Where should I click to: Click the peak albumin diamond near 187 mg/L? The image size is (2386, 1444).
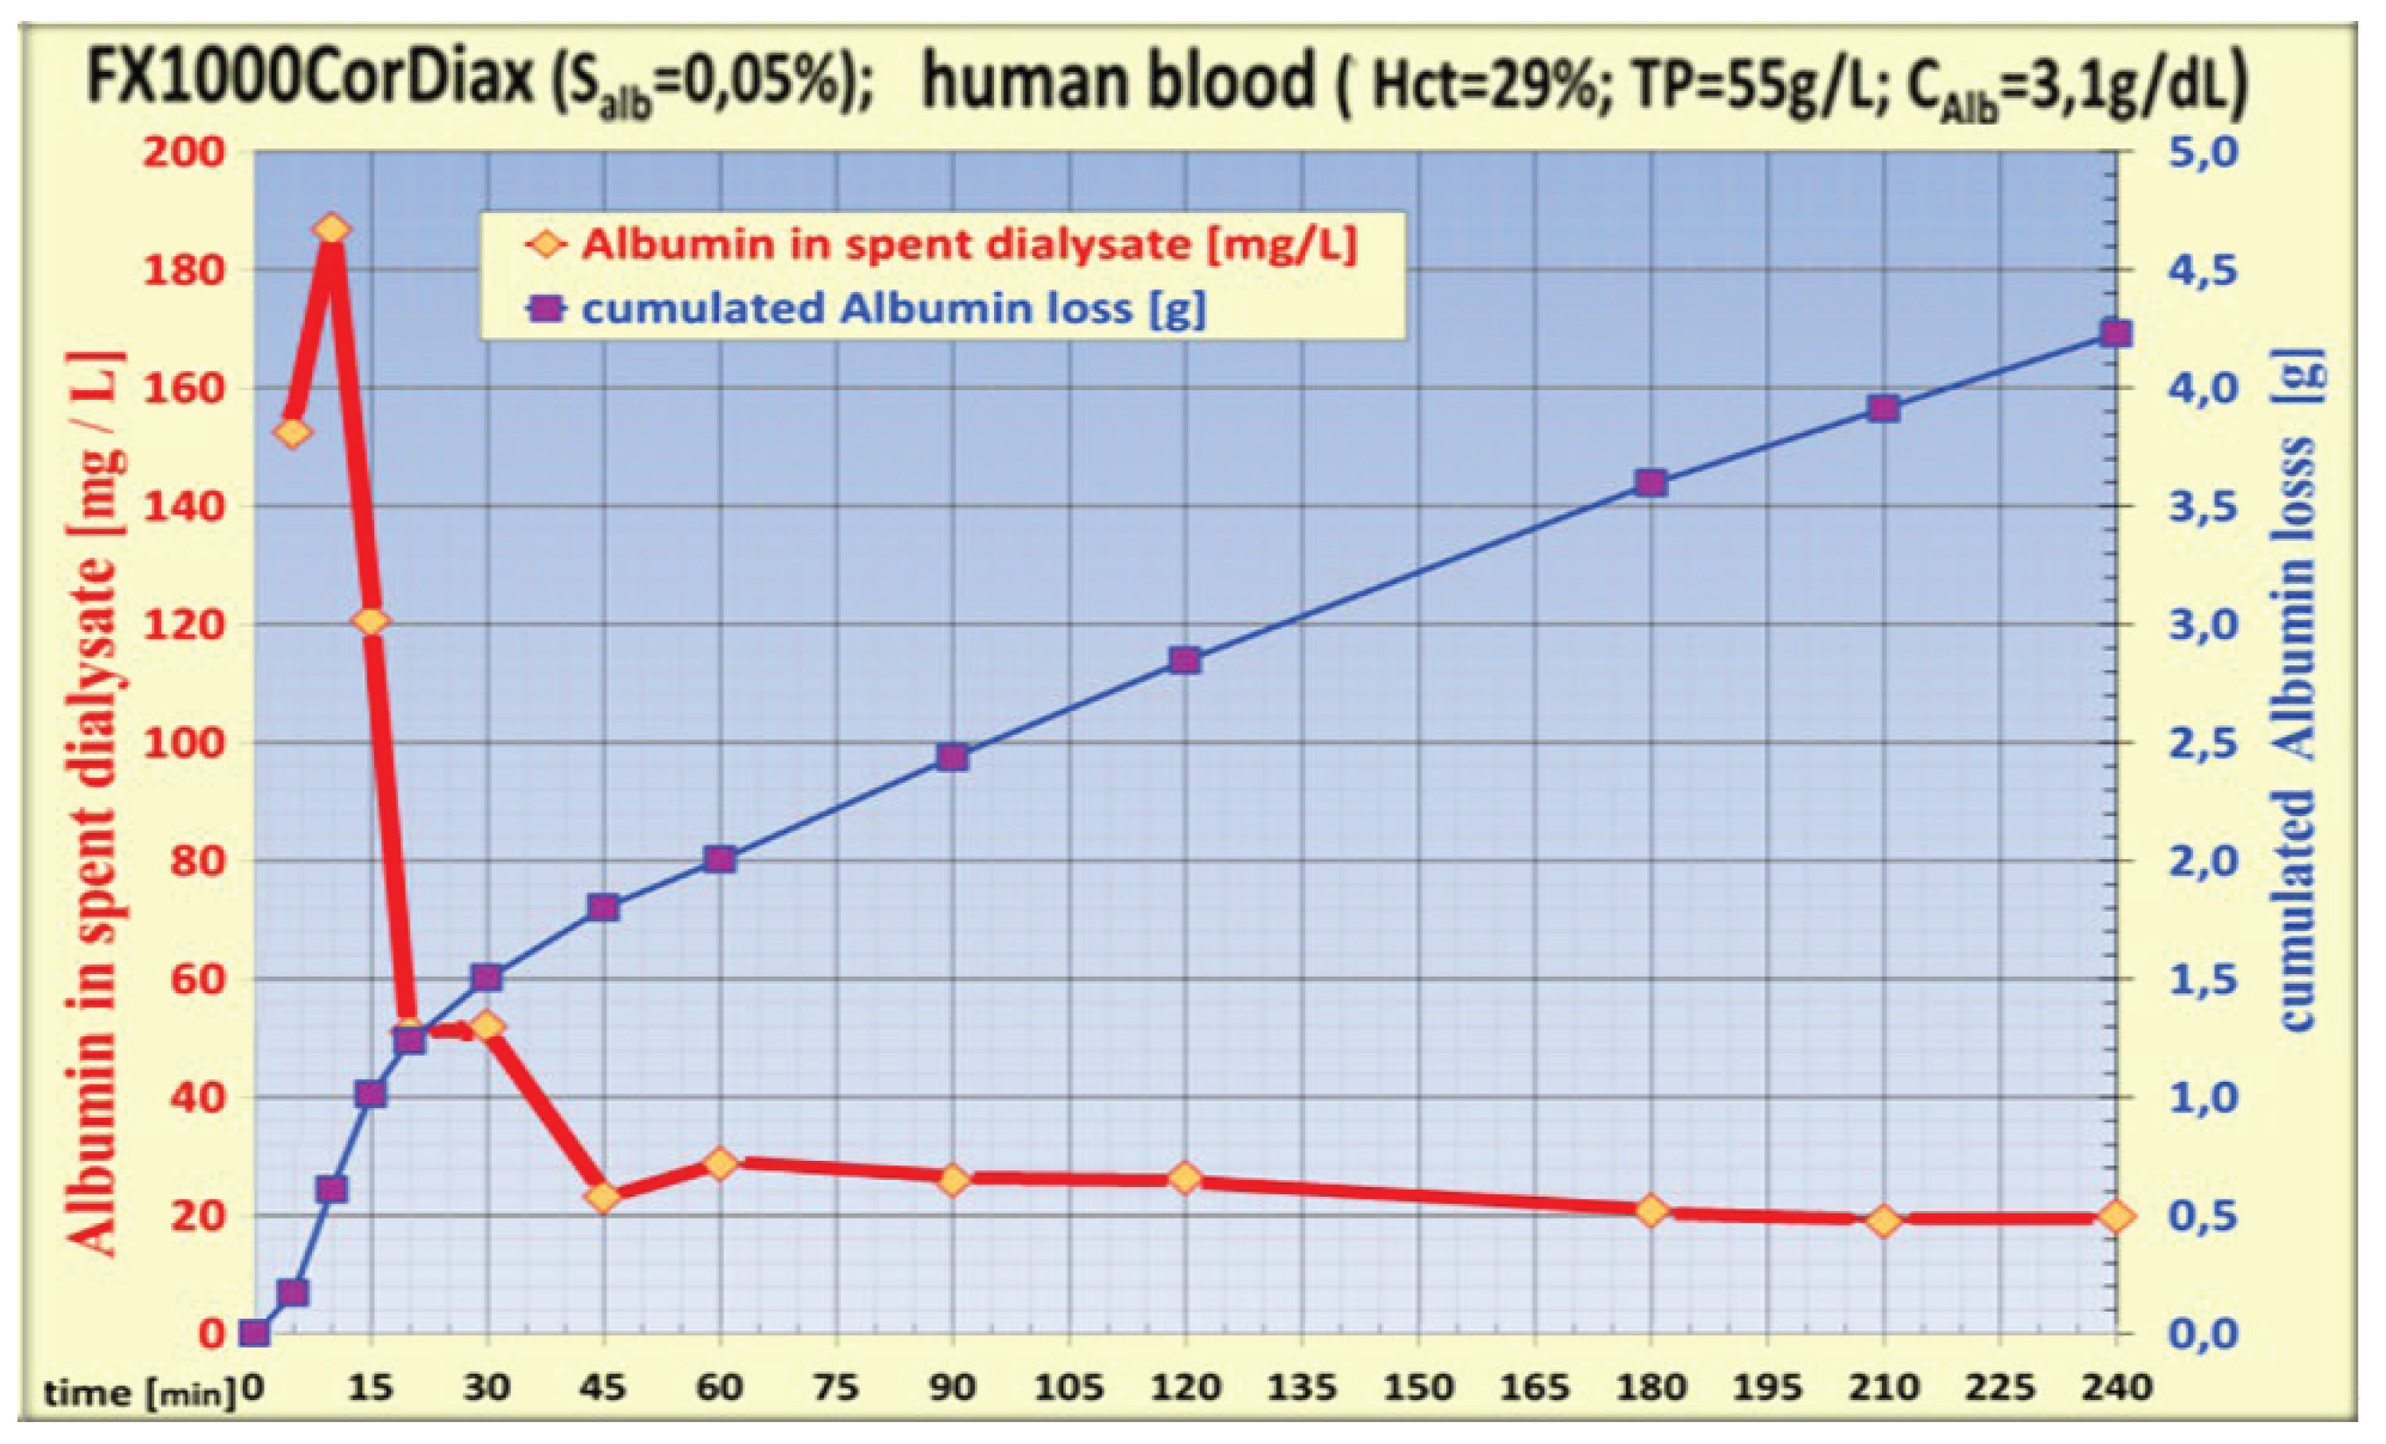pyautogui.click(x=332, y=230)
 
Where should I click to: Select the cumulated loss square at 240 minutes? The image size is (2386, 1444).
pyautogui.click(x=2117, y=334)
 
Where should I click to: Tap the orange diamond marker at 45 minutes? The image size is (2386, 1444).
pyautogui.click(x=603, y=1198)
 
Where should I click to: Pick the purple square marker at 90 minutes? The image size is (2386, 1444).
pyautogui.click(x=952, y=758)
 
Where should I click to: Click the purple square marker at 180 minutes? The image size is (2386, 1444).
pyautogui.click(x=1651, y=483)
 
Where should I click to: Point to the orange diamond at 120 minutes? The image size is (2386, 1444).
pyautogui.click(x=1185, y=1178)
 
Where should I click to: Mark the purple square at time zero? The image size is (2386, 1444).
pyautogui.click(x=253, y=1334)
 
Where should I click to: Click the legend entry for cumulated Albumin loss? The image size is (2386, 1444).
pyautogui.click(x=891, y=309)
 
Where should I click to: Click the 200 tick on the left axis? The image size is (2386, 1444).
pyautogui.click(x=184, y=152)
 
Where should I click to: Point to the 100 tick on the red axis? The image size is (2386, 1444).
pyautogui.click(x=184, y=743)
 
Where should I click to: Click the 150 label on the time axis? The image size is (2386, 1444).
pyautogui.click(x=1417, y=1388)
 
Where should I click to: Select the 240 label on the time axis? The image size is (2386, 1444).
pyautogui.click(x=2117, y=1388)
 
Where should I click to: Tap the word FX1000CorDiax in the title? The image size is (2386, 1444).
pyautogui.click(x=310, y=80)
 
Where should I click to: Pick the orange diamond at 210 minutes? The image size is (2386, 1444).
pyautogui.click(x=1884, y=1221)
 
